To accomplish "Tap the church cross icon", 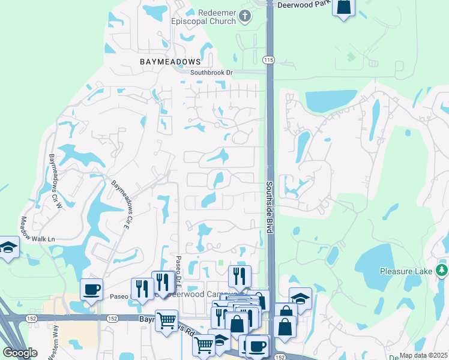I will coord(245,16).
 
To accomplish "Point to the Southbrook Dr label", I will coord(211,73).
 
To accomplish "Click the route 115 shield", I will coord(268,59).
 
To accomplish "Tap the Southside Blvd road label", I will coord(270,208).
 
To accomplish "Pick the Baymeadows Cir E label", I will coord(121,203).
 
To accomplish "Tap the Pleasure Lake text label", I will coord(406,271).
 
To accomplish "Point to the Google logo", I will coord(20,353).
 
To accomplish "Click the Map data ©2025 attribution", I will coord(424,355).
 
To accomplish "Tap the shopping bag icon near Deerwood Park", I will coord(343,7).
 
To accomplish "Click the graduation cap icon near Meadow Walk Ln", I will coord(8,247).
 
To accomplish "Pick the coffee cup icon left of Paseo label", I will coord(91,290).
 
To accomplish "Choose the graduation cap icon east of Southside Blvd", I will coord(300,298).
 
